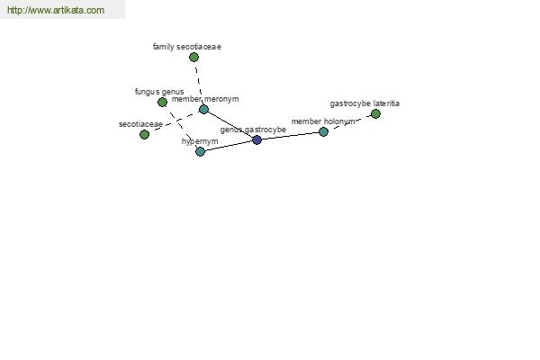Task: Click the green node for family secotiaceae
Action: (193, 58)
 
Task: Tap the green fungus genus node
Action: (162, 102)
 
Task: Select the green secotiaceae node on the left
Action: (144, 134)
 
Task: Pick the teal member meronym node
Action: (203, 110)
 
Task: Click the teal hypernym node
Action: (200, 151)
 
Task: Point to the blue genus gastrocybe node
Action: (256, 139)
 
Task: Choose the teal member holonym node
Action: (323, 131)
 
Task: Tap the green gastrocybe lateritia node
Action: (375, 113)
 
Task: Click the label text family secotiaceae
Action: (187, 47)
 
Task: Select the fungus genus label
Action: (159, 92)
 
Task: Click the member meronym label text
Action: (205, 99)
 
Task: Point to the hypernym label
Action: (200, 141)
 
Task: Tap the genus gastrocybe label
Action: (253, 130)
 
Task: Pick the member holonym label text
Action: (323, 121)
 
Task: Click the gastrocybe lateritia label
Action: (364, 103)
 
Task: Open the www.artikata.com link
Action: (56, 10)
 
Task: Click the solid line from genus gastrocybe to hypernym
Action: (229, 146)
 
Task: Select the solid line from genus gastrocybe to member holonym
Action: (290, 136)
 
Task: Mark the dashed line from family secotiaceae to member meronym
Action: (198, 83)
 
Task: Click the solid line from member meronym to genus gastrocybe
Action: (230, 125)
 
